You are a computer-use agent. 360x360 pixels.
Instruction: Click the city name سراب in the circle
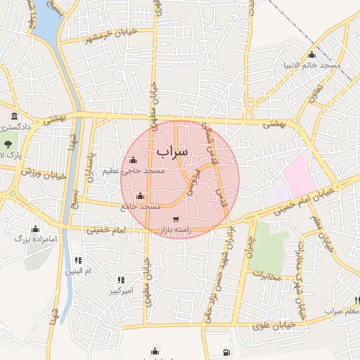point(172,151)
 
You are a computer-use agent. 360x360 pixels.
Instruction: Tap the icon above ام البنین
point(77,259)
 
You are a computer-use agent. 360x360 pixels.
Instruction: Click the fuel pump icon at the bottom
point(224,352)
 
